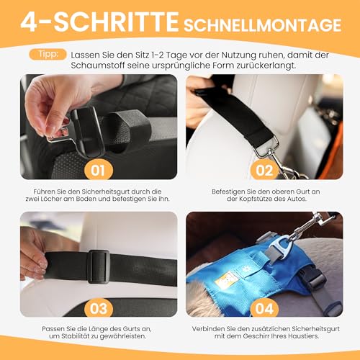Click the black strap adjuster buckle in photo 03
[98, 266]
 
